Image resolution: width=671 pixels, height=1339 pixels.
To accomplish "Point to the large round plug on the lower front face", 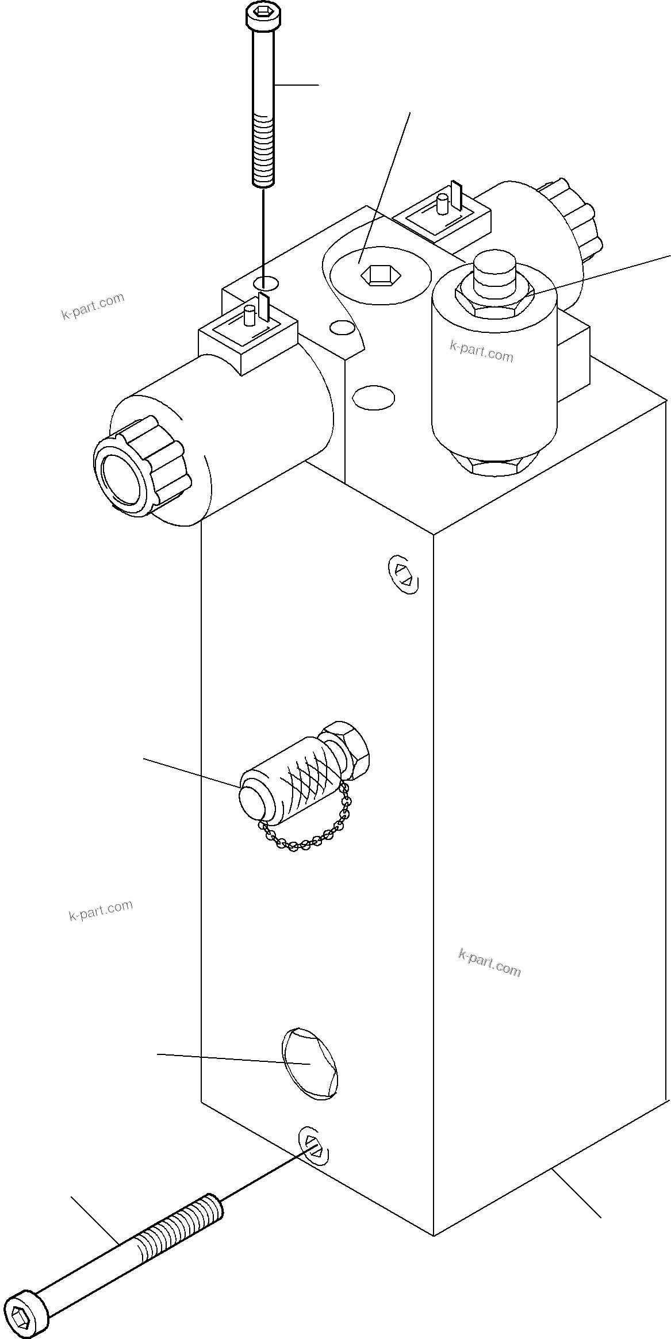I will click(x=309, y=1064).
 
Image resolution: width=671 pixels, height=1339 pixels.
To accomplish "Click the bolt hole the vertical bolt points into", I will click(x=265, y=283).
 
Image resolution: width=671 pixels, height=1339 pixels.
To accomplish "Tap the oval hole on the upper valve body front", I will click(x=374, y=397).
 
